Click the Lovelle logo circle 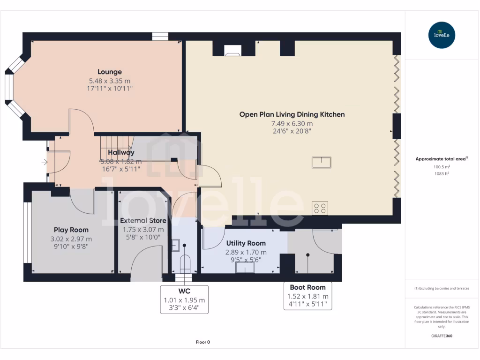tap(442, 35)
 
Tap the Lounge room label tap(110, 72)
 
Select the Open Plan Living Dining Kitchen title tap(292, 114)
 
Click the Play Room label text tap(71, 230)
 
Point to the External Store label tap(143, 220)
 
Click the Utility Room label tap(246, 243)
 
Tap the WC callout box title tap(184, 291)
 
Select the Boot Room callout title tap(307, 287)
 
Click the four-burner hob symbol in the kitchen tap(320, 208)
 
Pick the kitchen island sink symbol tap(322, 162)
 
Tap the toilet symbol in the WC tap(185, 263)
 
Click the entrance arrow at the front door tap(45, 162)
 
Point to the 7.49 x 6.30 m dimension tap(292, 123)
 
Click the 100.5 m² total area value tap(442, 166)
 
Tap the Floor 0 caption tap(202, 342)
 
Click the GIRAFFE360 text tap(442, 336)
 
